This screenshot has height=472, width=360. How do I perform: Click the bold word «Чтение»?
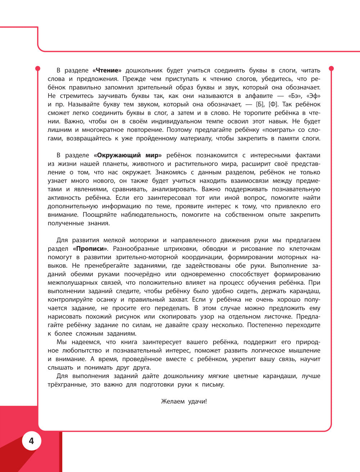107,71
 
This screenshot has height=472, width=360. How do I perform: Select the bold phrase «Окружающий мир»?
128,156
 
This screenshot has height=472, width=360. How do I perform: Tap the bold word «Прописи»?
90,249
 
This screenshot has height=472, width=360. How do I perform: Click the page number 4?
31,441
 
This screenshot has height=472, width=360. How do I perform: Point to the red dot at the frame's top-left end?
37,68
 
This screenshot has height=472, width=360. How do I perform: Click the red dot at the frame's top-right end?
332,68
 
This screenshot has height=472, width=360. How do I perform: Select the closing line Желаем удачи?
184,401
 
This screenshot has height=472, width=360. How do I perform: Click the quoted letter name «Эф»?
313,96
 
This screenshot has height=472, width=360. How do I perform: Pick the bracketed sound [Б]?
260,104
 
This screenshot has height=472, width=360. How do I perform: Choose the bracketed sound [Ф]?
274,104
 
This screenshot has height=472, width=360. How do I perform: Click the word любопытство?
79,351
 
